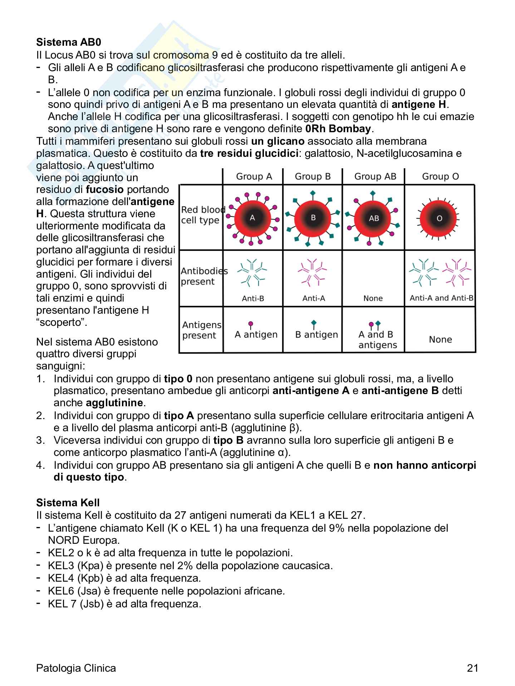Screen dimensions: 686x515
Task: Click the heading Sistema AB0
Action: [x=69, y=43]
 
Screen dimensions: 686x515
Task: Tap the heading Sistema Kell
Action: [x=68, y=503]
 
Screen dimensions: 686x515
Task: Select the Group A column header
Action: [x=254, y=177]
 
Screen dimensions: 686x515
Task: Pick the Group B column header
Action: [x=313, y=177]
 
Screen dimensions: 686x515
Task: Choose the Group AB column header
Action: [x=375, y=177]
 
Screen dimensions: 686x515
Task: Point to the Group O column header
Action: [x=440, y=177]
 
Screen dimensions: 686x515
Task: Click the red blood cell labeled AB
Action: [x=374, y=218]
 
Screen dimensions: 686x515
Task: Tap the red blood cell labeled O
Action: [x=440, y=218]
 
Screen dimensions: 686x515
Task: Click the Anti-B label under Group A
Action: [x=253, y=298]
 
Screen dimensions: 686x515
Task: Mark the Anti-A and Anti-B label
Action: [x=441, y=298]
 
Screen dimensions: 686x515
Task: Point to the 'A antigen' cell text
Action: [x=256, y=335]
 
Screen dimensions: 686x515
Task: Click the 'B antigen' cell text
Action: [x=317, y=335]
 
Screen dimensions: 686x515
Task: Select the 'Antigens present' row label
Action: [x=201, y=330]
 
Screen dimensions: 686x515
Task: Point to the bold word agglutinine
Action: [x=114, y=403]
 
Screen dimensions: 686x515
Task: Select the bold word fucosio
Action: [x=105, y=189]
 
